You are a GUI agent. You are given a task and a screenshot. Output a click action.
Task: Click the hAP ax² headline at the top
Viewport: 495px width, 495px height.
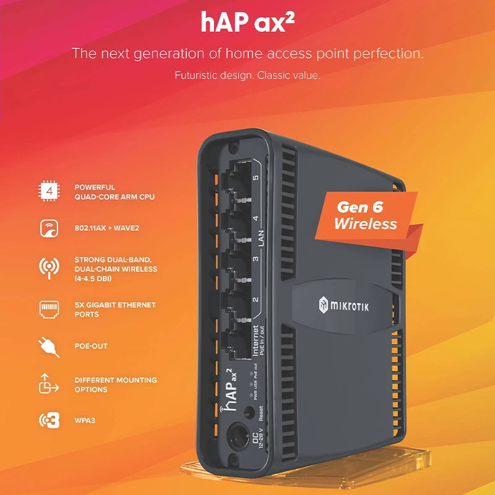(247, 23)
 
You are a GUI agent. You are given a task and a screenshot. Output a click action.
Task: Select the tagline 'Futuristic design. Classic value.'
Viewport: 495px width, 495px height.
(247, 76)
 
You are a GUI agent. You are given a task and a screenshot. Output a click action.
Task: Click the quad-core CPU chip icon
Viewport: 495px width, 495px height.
(48, 192)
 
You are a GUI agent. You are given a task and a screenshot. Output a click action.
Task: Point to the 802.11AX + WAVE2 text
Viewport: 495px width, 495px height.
(106, 228)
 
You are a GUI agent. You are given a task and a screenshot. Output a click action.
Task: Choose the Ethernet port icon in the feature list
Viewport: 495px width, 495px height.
(48, 309)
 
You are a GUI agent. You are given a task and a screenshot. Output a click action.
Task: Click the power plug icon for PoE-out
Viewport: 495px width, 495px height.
(48, 346)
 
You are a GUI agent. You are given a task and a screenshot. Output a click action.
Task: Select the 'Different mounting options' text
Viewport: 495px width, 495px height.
(116, 385)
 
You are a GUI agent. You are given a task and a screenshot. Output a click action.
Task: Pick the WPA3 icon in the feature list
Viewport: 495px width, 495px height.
(48, 421)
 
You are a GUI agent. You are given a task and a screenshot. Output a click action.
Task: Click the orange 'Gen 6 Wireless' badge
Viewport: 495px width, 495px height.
(365, 215)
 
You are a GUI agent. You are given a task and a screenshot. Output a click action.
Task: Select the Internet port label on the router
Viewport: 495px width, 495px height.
(256, 340)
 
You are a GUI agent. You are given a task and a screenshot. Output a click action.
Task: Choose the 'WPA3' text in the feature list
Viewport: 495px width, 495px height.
(85, 421)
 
